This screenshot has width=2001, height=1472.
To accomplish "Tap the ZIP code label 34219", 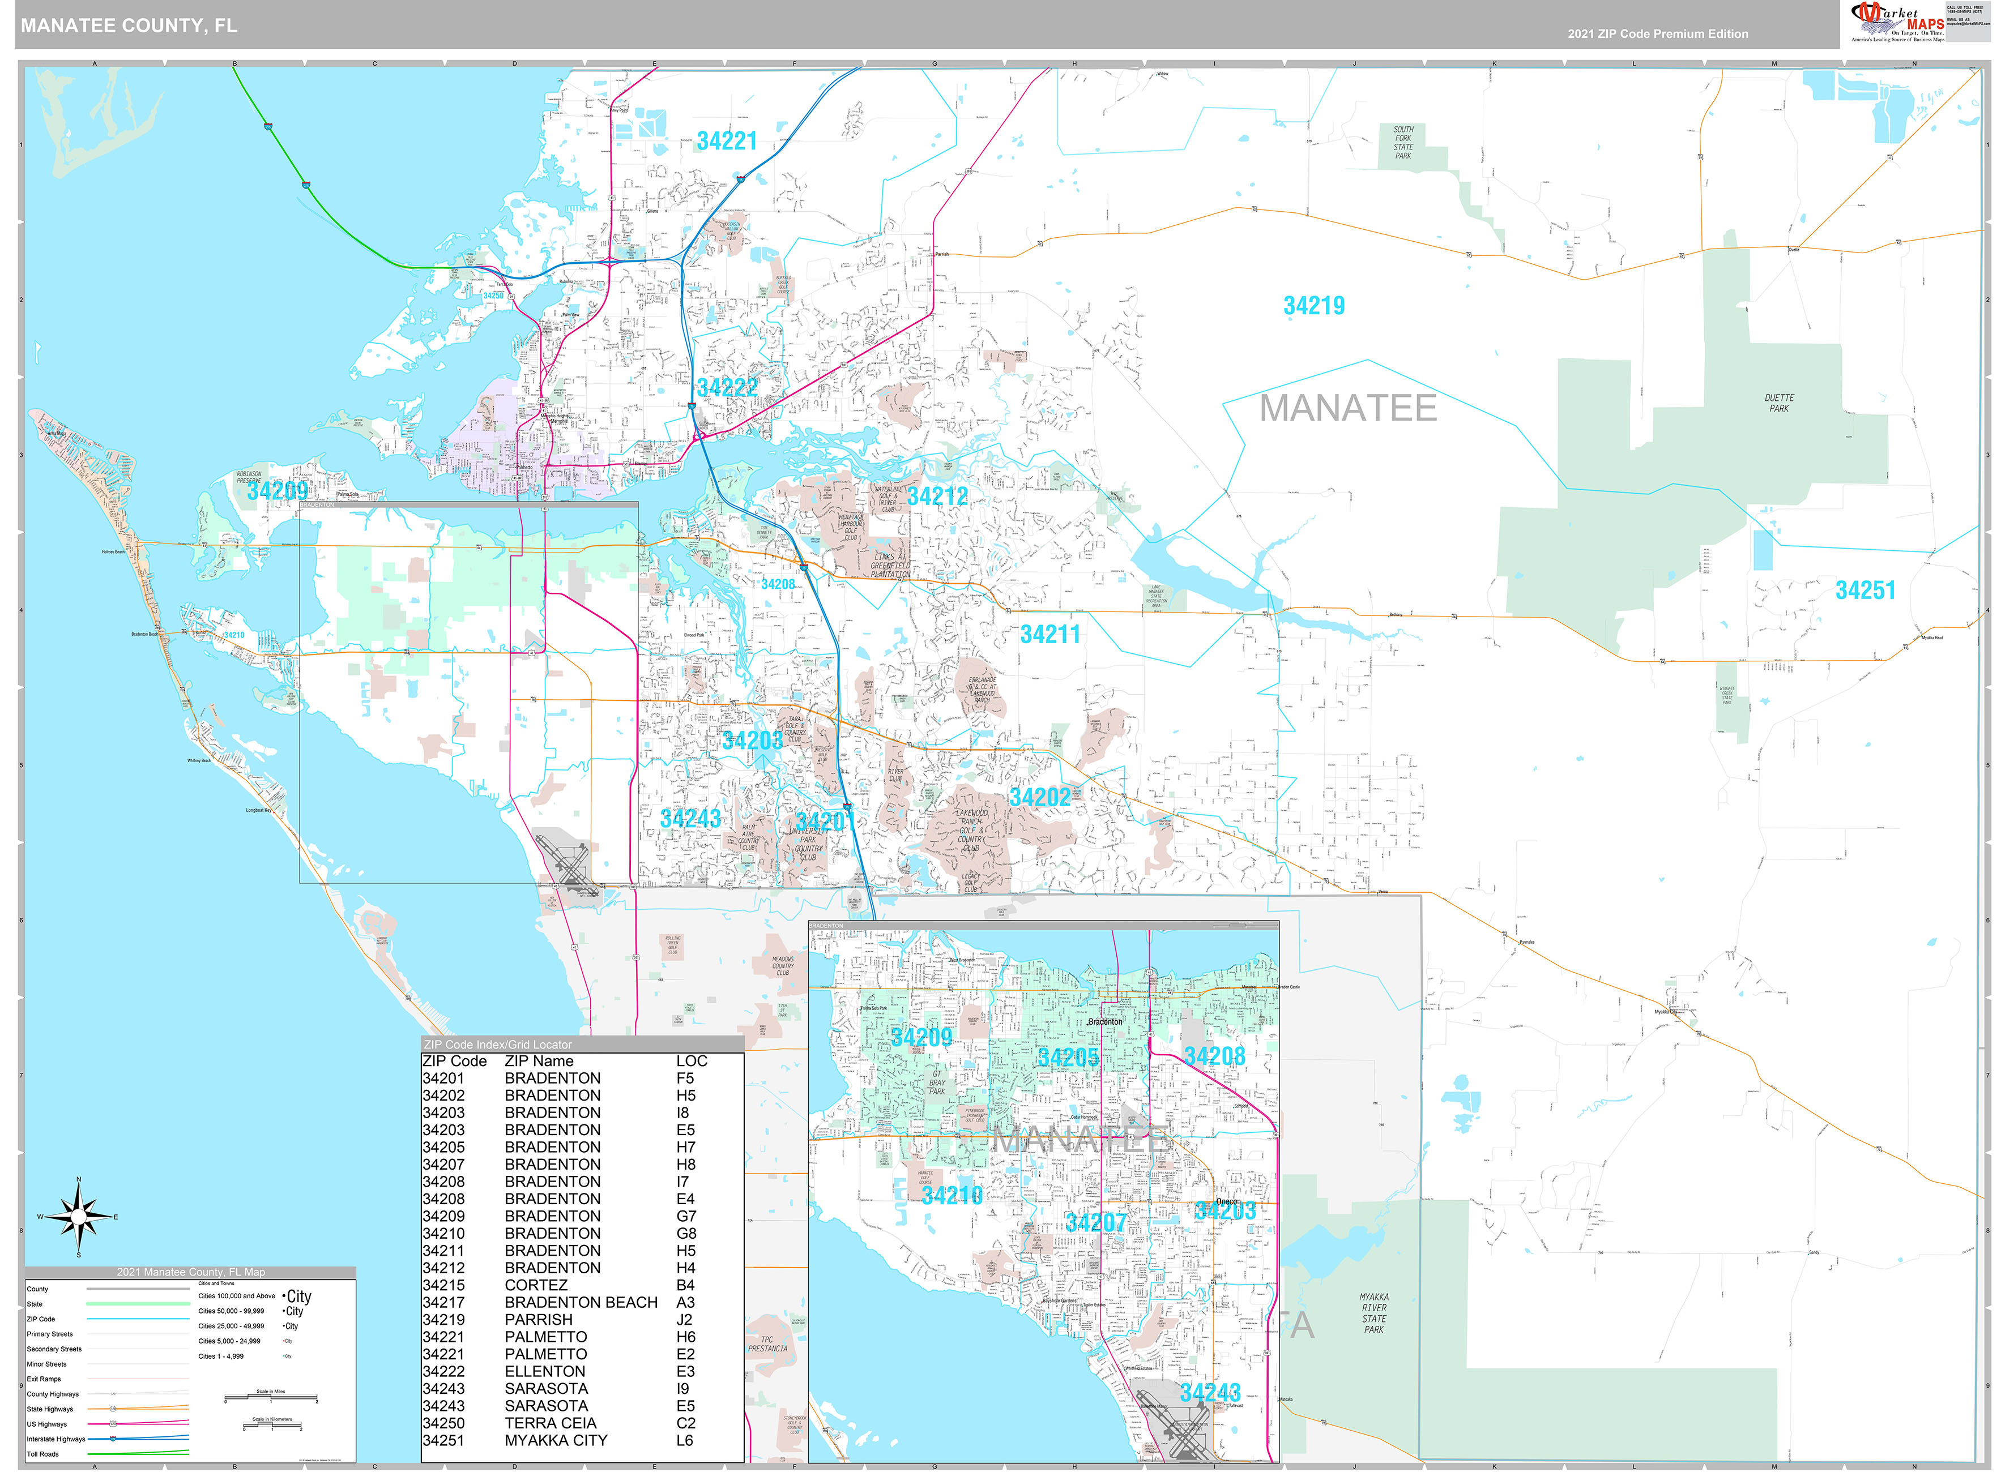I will (x=1313, y=306).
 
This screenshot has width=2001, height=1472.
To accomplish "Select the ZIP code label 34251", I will (x=1865, y=590).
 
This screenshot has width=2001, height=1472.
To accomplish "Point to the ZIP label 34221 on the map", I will (x=727, y=142).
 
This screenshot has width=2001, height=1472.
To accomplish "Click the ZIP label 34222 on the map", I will (x=727, y=388).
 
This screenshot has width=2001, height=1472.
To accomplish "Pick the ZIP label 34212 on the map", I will (x=937, y=497).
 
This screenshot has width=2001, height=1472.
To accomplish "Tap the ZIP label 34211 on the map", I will (x=1050, y=635).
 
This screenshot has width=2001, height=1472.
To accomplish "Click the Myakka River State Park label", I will (x=1373, y=1313).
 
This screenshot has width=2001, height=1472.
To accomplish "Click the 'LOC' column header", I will (x=691, y=1061).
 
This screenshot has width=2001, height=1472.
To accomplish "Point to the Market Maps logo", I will (x=1897, y=22).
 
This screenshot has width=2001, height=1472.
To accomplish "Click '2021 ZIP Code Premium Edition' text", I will (x=1658, y=34).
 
